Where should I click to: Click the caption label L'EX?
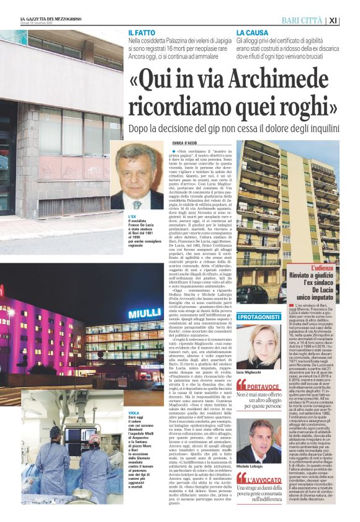click(132, 215)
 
